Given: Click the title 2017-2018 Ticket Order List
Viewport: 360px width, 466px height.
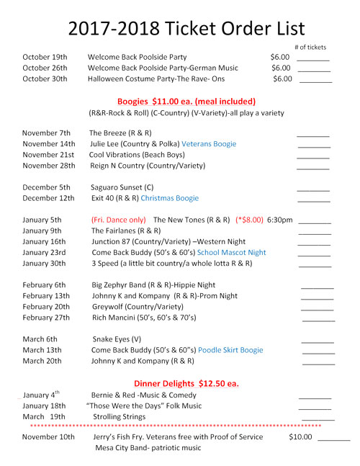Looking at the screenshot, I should click(x=186, y=28).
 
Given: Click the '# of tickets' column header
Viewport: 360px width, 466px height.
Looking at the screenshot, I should click(x=310, y=48).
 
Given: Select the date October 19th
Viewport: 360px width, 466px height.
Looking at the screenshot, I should click(x=45, y=57).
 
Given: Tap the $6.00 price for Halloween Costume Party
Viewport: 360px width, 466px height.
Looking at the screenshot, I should click(x=282, y=79).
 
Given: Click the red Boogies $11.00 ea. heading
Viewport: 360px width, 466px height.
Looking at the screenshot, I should click(x=186, y=102).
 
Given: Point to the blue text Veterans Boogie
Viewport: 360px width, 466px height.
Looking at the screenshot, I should click(x=209, y=144).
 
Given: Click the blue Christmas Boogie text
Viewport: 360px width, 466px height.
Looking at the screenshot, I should click(x=169, y=198).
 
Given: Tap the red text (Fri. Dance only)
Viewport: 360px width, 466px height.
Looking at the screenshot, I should click(x=119, y=220).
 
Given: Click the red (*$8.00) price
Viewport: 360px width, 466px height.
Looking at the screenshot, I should click(x=249, y=220).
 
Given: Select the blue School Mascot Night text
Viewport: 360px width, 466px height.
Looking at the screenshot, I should click(x=231, y=253).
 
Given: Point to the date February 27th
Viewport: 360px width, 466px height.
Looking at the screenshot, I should click(x=46, y=318).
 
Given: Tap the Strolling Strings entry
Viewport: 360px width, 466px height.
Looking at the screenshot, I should click(x=118, y=416).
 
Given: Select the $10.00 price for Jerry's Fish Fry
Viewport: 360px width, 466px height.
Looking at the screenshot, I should click(x=300, y=436).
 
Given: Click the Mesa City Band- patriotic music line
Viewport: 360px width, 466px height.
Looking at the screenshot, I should click(x=148, y=447).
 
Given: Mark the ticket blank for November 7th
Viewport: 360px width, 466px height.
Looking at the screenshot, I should click(x=312, y=134).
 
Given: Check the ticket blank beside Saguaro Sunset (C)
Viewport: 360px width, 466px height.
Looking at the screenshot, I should click(x=312, y=188).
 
